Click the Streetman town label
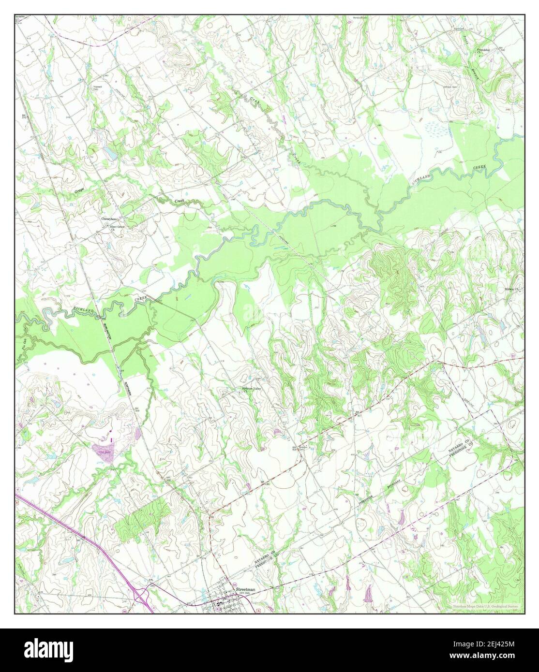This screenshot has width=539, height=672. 245,590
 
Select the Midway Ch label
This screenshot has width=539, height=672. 512,289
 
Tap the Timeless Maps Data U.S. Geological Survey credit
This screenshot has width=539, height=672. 487,606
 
